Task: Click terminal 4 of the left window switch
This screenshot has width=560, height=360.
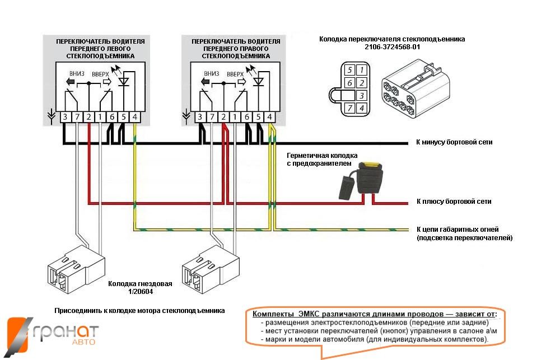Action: (134, 116)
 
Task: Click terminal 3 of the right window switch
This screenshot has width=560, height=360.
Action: (200, 116)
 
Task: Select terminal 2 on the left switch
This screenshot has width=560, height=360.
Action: (88, 116)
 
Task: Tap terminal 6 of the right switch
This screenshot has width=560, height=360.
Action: (246, 116)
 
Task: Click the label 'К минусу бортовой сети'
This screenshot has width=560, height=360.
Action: (454, 142)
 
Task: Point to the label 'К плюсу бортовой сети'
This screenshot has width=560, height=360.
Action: (454, 202)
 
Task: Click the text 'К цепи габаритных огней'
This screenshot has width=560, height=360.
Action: (458, 229)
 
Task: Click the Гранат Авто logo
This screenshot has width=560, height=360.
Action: (53, 334)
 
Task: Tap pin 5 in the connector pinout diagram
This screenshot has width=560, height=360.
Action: (349, 71)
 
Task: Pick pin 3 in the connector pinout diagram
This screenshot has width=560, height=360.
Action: (362, 95)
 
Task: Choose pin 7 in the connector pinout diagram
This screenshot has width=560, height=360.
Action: (349, 108)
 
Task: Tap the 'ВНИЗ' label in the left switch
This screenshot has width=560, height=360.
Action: (77, 73)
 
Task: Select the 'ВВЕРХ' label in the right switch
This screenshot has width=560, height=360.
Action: (235, 73)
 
